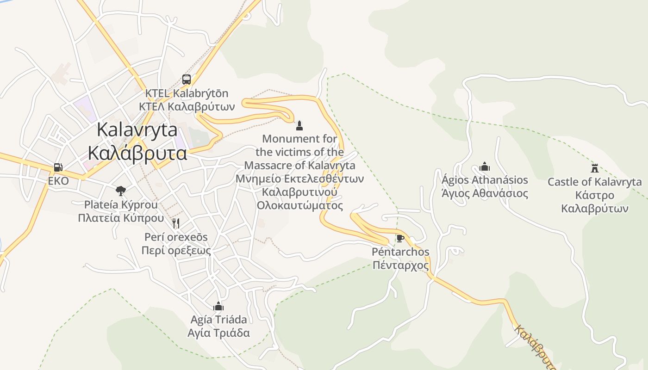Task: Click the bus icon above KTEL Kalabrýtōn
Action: point(187,79)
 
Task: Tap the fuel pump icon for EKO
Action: point(58,167)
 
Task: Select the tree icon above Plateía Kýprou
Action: point(121,190)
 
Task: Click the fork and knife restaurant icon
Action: point(176,223)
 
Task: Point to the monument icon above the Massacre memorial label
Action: point(299,125)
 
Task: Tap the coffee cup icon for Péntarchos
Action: point(400,238)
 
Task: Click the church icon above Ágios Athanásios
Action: point(485,166)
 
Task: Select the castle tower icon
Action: point(595,168)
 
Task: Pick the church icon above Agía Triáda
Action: point(218,306)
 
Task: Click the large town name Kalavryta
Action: point(137,130)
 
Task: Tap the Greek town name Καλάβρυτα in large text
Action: point(137,153)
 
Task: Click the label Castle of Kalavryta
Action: point(595,182)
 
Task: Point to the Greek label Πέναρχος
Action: point(401,266)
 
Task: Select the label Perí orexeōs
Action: point(176,237)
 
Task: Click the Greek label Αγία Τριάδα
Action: point(218,333)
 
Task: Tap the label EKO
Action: point(58,181)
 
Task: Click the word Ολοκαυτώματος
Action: point(300,205)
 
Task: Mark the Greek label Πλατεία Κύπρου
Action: point(121,218)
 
